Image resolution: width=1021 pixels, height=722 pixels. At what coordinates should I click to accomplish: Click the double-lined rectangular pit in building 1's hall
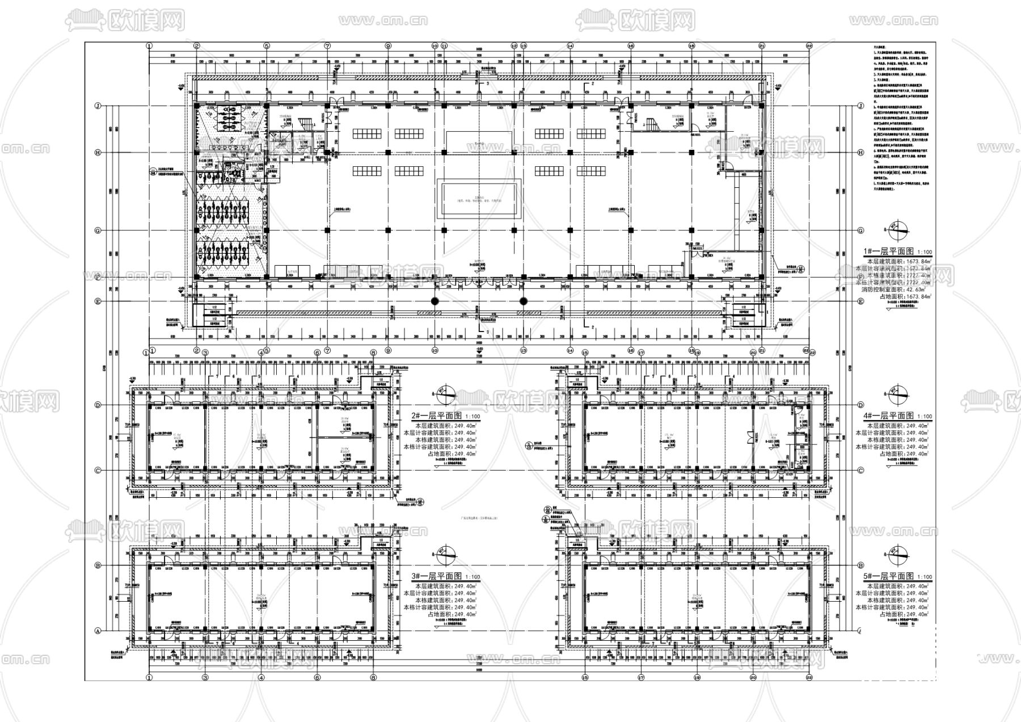tap(479, 198)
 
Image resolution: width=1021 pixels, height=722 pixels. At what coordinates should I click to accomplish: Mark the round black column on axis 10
tap(435, 301)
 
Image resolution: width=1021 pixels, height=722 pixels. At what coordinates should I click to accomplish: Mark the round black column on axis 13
tap(523, 301)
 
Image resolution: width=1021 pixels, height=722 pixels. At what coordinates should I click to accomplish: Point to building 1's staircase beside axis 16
tap(649, 123)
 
